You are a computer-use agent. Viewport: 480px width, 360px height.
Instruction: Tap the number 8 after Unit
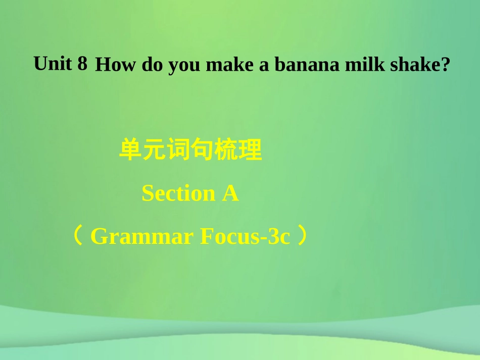[82, 64]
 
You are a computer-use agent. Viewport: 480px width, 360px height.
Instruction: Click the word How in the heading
[116, 66]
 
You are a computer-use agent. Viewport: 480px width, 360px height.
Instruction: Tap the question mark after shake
[445, 66]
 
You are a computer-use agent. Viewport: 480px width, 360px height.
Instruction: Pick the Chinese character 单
[130, 151]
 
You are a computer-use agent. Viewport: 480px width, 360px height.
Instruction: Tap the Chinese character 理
[251, 151]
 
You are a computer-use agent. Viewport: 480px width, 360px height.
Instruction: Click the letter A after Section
[230, 193]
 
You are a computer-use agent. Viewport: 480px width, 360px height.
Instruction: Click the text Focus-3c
[245, 236]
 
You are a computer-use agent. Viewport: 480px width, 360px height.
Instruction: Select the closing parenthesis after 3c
[302, 236]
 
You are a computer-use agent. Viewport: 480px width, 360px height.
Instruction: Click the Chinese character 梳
[226, 151]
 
